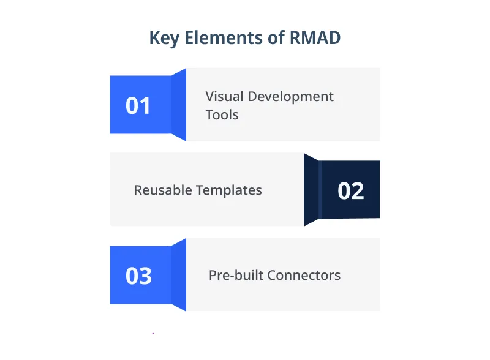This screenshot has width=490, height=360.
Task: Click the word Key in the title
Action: [164, 38]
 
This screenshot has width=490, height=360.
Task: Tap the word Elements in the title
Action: [219, 38]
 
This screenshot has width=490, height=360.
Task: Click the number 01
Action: [138, 106]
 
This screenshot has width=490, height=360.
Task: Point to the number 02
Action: [351, 191]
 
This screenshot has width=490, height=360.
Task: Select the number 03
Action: [138, 276]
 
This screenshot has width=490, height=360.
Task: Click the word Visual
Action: [224, 96]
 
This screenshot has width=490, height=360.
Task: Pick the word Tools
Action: [222, 114]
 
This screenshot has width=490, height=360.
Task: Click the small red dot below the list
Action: [153, 334]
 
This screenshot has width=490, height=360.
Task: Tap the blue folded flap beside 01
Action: [179, 105]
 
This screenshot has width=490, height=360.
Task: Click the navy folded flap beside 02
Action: [311, 190]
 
